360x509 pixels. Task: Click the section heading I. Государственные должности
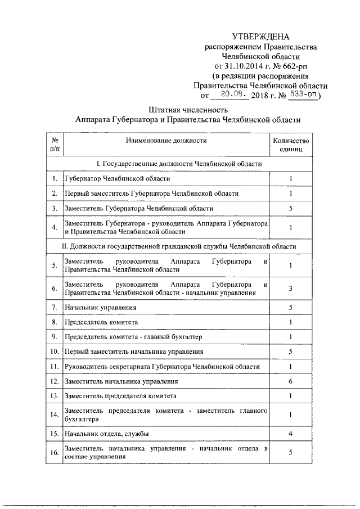tap(179, 163)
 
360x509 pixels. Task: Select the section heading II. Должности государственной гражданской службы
tap(179, 246)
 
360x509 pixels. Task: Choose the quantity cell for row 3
tap(290, 208)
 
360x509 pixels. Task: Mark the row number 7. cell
tap(55, 308)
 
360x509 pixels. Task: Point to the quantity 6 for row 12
tap(290, 381)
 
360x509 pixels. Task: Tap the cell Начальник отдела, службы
tap(106, 434)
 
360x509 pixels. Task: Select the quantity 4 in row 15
tap(290, 434)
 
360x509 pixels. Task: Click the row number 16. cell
tap(55, 453)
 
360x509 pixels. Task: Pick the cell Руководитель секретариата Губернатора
tap(163, 367)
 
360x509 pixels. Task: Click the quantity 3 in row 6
tap(290, 289)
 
